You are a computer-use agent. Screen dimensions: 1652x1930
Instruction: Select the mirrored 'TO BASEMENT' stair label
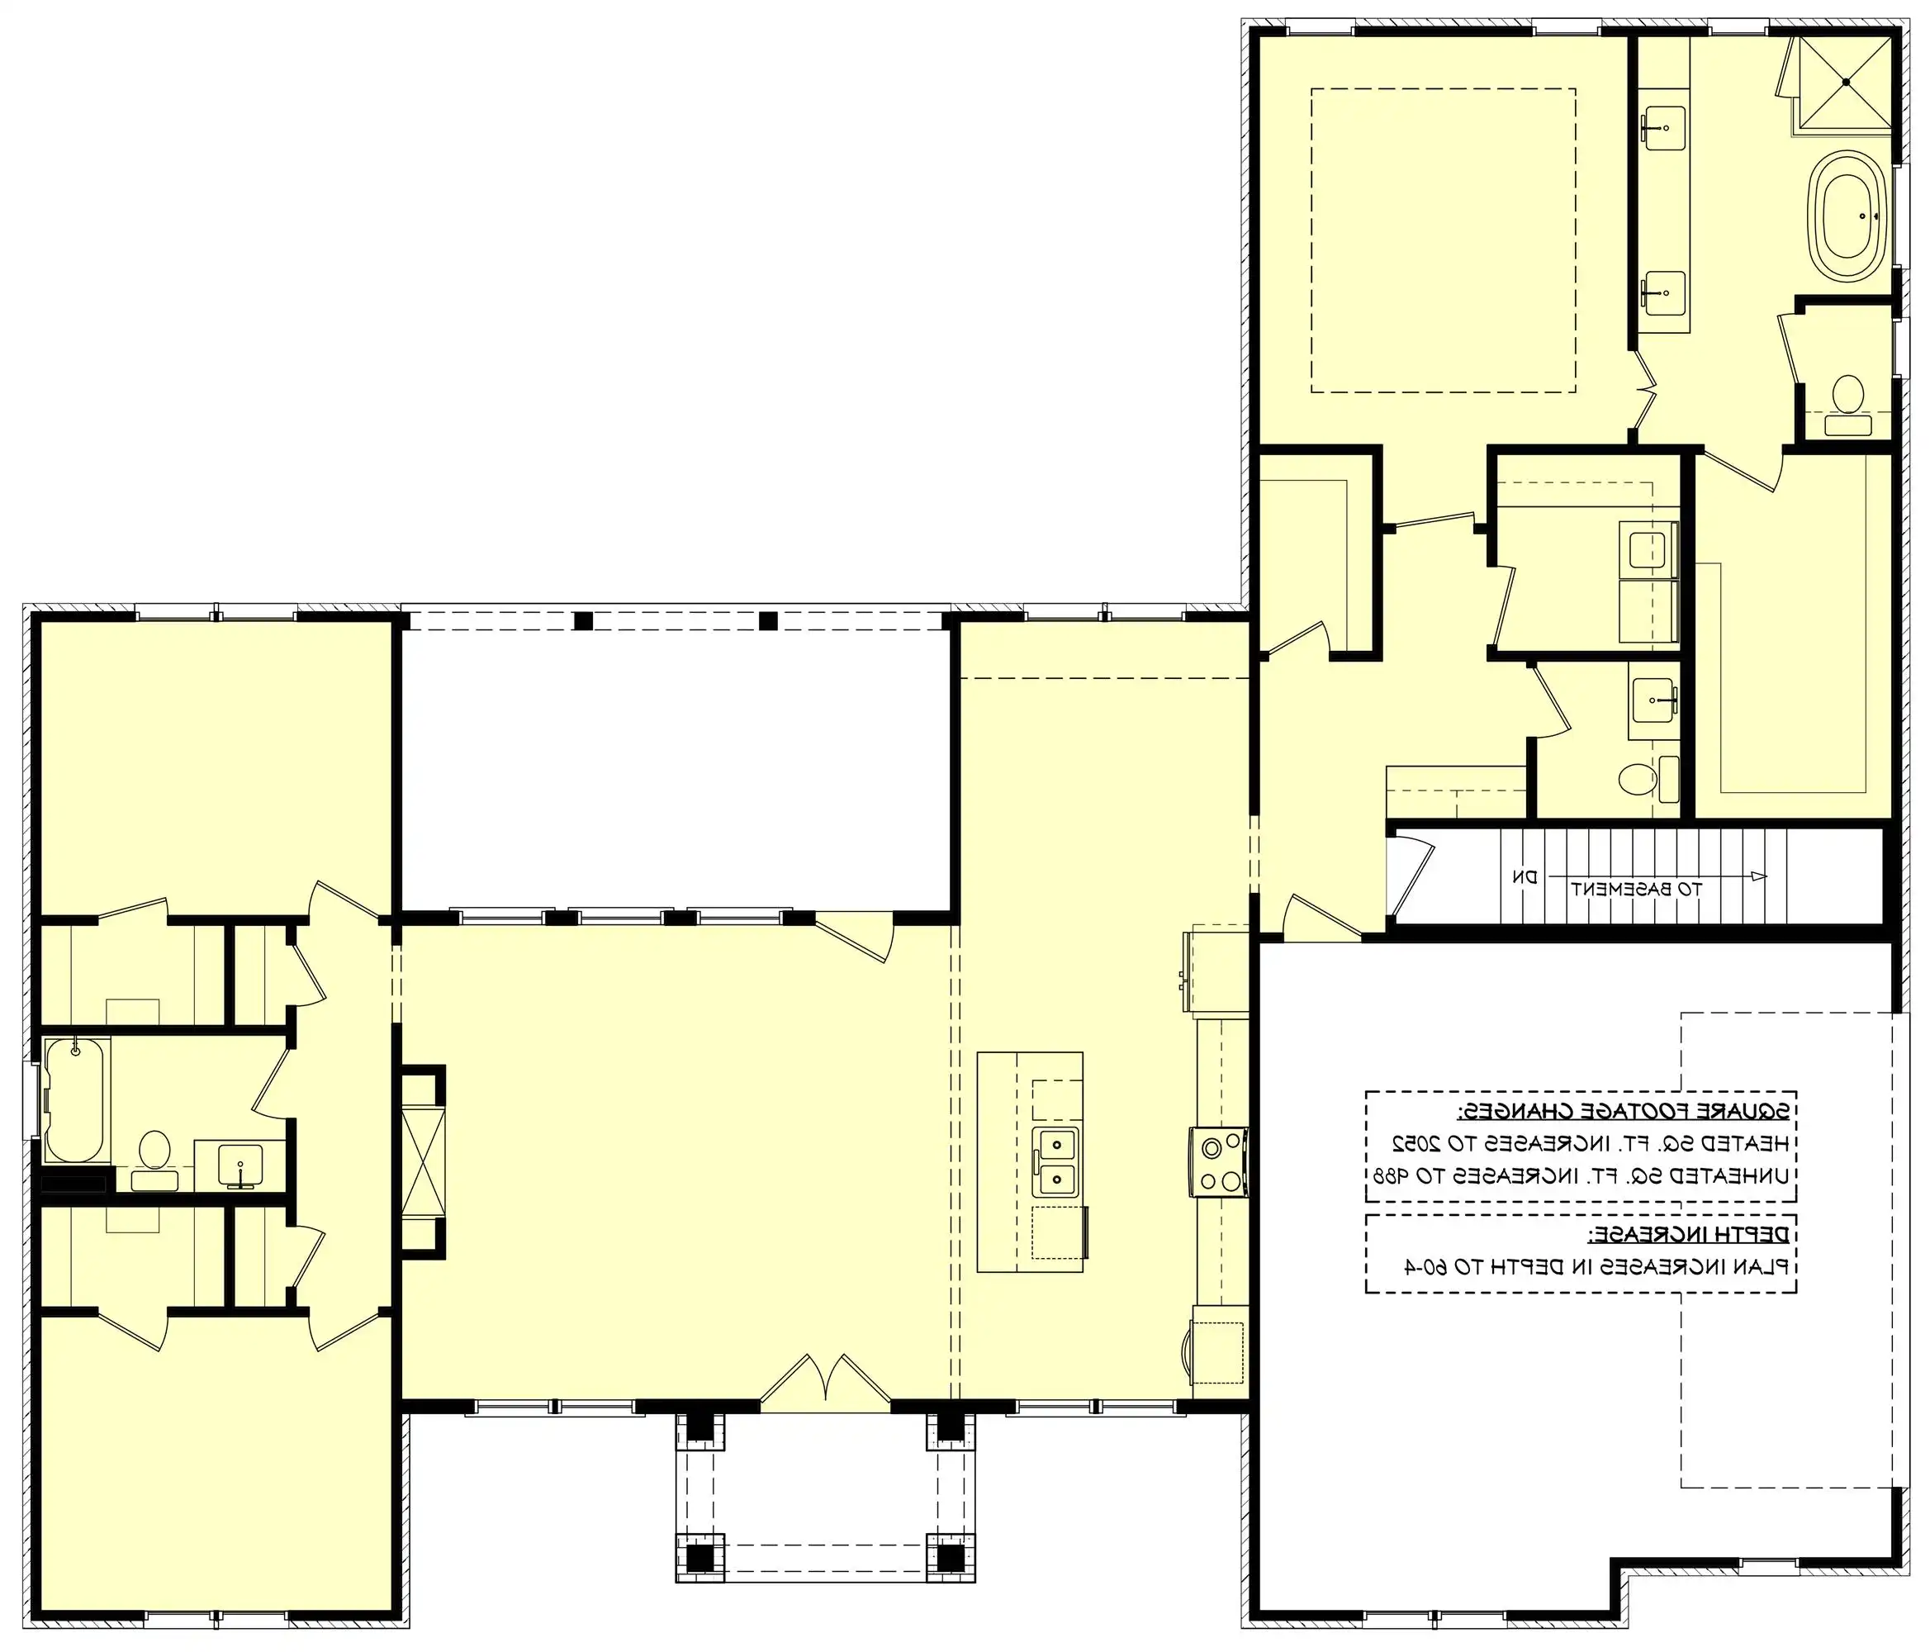pyautogui.click(x=1637, y=889)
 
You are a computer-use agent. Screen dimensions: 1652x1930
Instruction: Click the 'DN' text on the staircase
pyautogui.click(x=1525, y=876)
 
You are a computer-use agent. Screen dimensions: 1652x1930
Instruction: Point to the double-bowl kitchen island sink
pyautogui.click(x=1056, y=1160)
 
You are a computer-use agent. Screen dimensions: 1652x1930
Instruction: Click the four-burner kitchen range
pyautogui.click(x=1218, y=1161)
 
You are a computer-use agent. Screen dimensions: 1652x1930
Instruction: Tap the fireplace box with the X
pyautogui.click(x=423, y=1160)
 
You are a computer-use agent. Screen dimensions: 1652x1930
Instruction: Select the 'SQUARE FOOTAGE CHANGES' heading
pyautogui.click(x=1623, y=1111)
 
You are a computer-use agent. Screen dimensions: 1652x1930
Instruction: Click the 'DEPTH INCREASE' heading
pyautogui.click(x=1688, y=1235)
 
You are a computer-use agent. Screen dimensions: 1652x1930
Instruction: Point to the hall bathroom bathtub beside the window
pyautogui.click(x=74, y=1099)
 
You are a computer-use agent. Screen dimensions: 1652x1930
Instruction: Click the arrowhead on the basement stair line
pyautogui.click(x=1757, y=876)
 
